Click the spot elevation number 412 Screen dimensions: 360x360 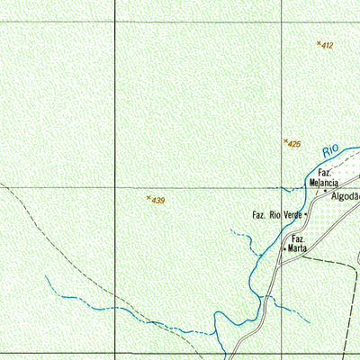(328, 45)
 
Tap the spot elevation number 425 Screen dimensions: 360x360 (294, 144)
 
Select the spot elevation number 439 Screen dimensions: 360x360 (158, 200)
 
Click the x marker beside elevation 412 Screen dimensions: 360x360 (319, 42)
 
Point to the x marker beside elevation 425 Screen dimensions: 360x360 (285, 141)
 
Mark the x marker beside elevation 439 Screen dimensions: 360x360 (148, 197)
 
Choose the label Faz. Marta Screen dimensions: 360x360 (298, 243)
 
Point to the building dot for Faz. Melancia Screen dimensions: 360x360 (326, 191)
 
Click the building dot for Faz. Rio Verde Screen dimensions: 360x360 (307, 216)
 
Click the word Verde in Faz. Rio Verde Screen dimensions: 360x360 (292, 216)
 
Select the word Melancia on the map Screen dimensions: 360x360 (323, 182)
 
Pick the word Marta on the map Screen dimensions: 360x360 (299, 247)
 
